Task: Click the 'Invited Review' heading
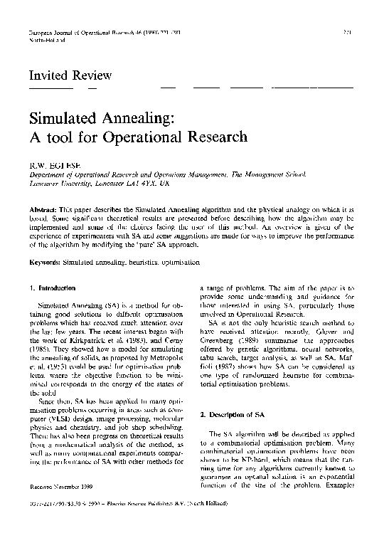(70, 75)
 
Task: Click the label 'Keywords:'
(45, 243)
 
